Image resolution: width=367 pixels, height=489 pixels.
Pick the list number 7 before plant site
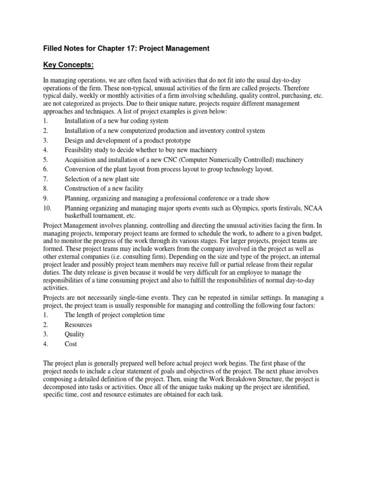pos(45,179)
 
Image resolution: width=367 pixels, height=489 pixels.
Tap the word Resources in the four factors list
pos(78,325)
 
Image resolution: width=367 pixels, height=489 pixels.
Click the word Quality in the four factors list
pos(75,334)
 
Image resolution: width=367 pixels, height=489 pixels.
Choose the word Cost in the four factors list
pos(71,344)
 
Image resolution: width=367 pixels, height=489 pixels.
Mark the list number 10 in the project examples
pos(47,208)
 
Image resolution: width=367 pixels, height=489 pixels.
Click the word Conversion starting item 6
pos(80,169)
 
